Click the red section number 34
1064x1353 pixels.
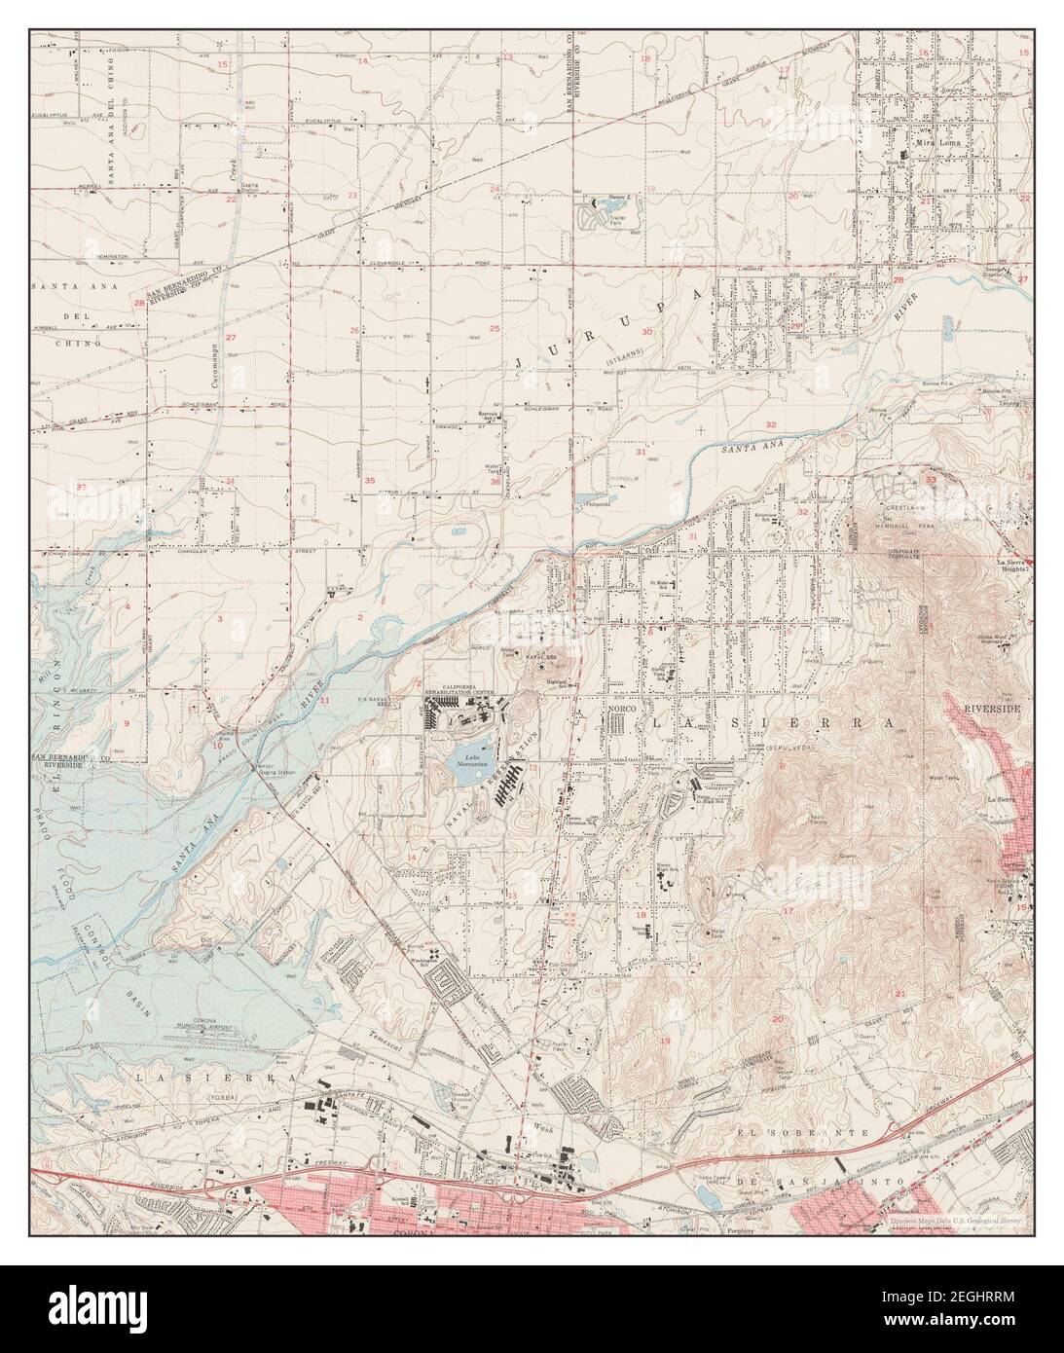click(230, 481)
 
